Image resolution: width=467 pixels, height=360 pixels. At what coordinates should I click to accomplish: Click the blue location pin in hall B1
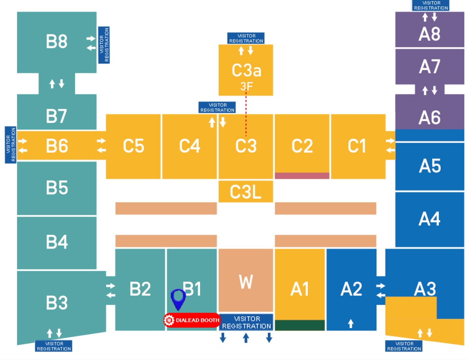coord(178,299)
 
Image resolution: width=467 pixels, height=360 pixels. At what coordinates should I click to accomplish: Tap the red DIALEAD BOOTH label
coord(192,320)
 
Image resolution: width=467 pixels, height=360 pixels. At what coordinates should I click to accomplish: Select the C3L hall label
coord(245,192)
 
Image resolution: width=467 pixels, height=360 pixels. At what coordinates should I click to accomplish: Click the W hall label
coord(246,281)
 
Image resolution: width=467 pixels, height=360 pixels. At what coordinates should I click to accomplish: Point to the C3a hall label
coord(246,71)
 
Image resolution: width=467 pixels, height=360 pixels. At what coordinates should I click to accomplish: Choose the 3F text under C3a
coord(246,86)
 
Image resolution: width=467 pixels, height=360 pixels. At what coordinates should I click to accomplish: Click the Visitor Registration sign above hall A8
coord(431,5)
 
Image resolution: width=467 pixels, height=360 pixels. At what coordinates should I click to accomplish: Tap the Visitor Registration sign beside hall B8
coord(104,45)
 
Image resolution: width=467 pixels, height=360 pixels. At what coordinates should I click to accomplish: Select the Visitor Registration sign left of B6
coord(11,145)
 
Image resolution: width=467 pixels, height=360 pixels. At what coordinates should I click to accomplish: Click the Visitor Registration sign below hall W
coord(246,322)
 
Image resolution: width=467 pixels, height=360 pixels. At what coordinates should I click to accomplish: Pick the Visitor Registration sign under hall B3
coord(54,346)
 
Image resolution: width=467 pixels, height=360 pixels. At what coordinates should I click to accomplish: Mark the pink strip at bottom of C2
coord(302,176)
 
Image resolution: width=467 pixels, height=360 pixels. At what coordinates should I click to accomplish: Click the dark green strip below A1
coord(300,325)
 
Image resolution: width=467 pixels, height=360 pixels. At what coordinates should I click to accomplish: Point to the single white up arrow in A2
coord(351,323)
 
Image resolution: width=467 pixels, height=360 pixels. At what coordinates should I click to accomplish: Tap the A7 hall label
coord(429,66)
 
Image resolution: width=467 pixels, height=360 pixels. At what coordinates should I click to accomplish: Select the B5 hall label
coord(57,188)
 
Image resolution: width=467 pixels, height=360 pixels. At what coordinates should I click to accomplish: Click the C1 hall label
coord(357,146)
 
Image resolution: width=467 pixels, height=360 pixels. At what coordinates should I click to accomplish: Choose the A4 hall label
coord(429,219)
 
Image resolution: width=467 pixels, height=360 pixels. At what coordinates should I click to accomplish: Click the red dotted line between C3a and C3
coord(246,114)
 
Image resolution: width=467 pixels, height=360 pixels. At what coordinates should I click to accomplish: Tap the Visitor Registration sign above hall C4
coord(217,107)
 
